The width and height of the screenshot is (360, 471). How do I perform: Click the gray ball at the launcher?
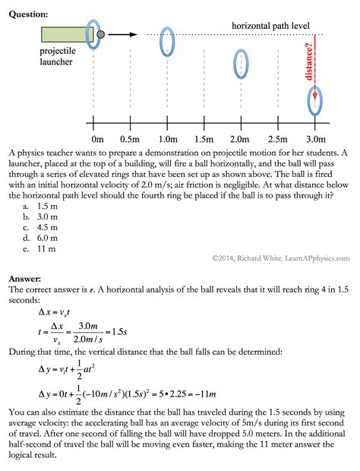[101, 34]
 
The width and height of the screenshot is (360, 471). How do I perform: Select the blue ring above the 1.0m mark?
[167, 43]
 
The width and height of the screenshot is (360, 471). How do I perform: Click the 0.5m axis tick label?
[130, 139]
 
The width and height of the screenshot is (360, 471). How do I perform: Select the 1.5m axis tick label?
[204, 139]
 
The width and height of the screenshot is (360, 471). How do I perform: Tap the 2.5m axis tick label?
[278, 139]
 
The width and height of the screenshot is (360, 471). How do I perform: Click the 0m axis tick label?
[96, 139]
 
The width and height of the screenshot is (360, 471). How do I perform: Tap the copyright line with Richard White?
[280, 258]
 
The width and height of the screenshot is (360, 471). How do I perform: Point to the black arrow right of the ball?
[123, 34]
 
